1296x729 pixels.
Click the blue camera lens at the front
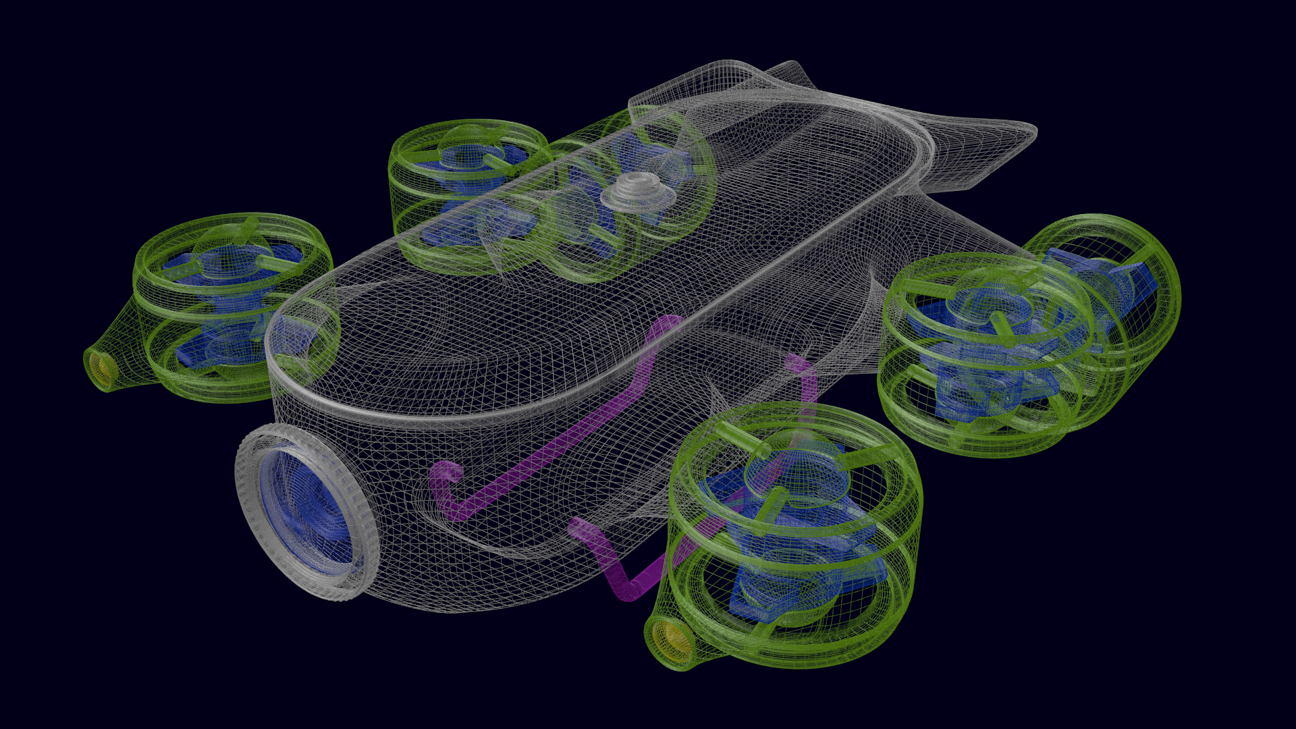pos(307,506)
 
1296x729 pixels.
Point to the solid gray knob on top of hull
pos(638,188)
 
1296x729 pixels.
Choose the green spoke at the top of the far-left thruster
pos(250,226)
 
